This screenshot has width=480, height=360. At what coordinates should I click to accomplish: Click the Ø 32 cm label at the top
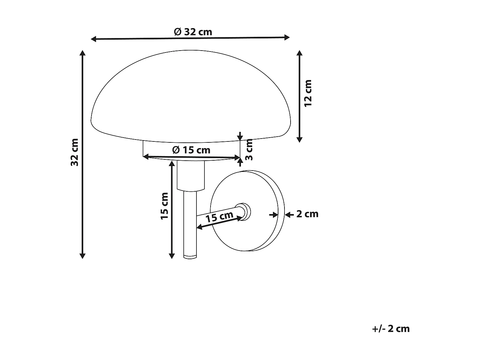coord(193,32)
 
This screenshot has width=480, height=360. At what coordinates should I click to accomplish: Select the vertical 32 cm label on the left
coord(75,152)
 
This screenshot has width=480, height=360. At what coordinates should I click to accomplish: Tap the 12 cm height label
coord(308,93)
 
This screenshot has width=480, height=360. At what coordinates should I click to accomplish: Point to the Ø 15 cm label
coord(191,149)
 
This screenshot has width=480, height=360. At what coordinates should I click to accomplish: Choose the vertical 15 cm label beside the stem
coord(164,206)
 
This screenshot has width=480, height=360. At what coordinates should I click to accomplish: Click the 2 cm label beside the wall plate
coord(307,214)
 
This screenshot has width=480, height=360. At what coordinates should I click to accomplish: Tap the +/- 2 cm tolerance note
coord(391,329)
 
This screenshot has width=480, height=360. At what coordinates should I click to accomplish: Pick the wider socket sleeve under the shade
coord(191,175)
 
